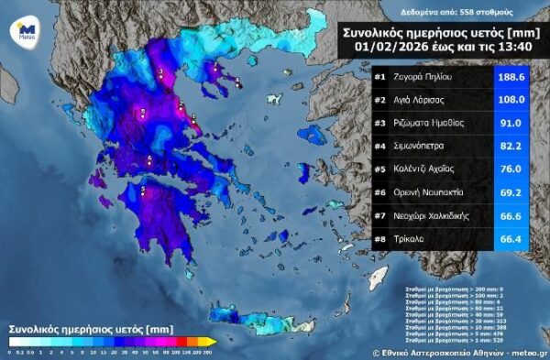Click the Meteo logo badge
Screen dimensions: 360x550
click(x=27, y=30)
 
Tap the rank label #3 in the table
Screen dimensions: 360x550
click(x=379, y=123)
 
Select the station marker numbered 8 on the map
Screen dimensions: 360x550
click(x=142, y=113)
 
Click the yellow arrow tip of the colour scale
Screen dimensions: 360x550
click(x=212, y=342)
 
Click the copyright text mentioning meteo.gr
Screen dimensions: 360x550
click(x=458, y=352)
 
